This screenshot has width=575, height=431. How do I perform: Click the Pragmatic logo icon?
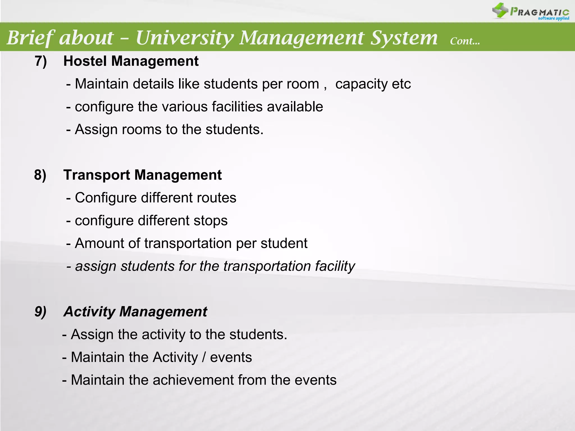coord(500,10)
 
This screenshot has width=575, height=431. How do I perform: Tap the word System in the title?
coord(404,38)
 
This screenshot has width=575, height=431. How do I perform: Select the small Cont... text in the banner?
coord(465,41)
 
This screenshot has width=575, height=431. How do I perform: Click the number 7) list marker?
coord(41,61)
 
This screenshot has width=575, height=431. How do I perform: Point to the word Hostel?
coord(85,61)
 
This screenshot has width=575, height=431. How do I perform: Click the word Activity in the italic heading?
coord(89,312)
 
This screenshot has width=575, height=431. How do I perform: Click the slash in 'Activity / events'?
coord(204,357)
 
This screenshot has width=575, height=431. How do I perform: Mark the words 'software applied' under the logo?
coord(553,19)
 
